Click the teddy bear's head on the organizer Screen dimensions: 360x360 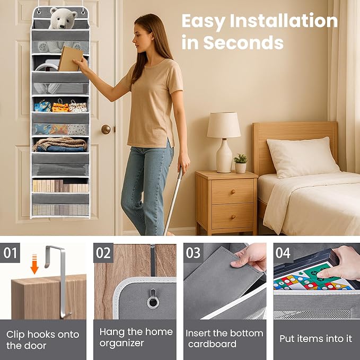63,18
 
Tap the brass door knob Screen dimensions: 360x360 106,129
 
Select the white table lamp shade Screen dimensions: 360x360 224,125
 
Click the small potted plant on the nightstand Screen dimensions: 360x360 240,163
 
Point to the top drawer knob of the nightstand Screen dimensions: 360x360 233,192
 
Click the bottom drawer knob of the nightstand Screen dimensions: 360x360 233,217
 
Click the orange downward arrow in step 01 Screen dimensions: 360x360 34,264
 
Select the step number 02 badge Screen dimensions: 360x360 103,253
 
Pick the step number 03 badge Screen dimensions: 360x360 194,253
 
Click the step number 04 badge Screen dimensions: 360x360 283,253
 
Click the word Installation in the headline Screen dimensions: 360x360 284,21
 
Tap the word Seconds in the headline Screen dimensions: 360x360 243,42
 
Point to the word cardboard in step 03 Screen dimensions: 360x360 213,344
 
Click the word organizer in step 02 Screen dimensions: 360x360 122,343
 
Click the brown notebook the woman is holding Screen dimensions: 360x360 71,59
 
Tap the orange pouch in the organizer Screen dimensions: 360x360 60,107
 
